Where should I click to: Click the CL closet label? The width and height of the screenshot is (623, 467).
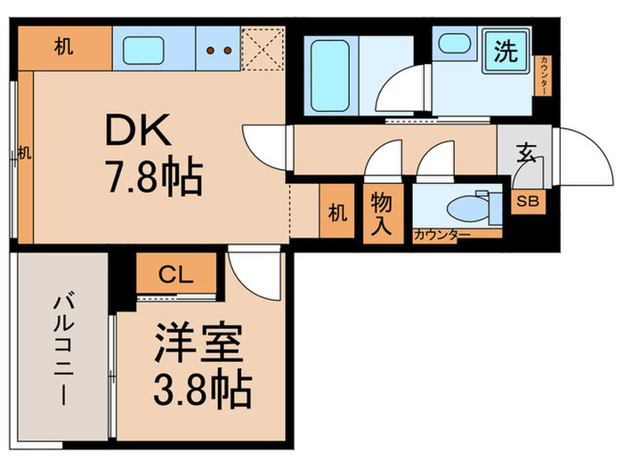tap(175, 275)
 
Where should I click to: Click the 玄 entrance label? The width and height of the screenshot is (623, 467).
tap(526, 154)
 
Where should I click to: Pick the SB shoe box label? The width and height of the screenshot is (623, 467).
tap(527, 200)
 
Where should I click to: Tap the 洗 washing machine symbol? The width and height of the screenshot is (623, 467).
tap(506, 52)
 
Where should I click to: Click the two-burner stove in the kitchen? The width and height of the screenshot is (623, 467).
tap(218, 50)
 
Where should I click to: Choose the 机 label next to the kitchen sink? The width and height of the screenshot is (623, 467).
tap(62, 48)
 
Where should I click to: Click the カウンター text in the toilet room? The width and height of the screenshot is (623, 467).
tap(441, 235)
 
